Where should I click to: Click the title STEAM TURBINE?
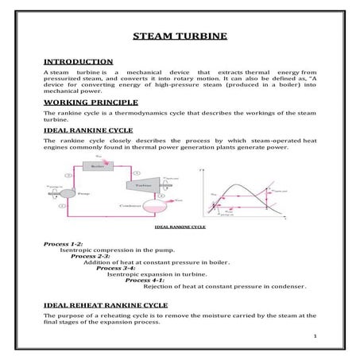(179, 37)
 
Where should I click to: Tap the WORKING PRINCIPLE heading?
(90, 103)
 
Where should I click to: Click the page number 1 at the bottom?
(315, 336)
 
